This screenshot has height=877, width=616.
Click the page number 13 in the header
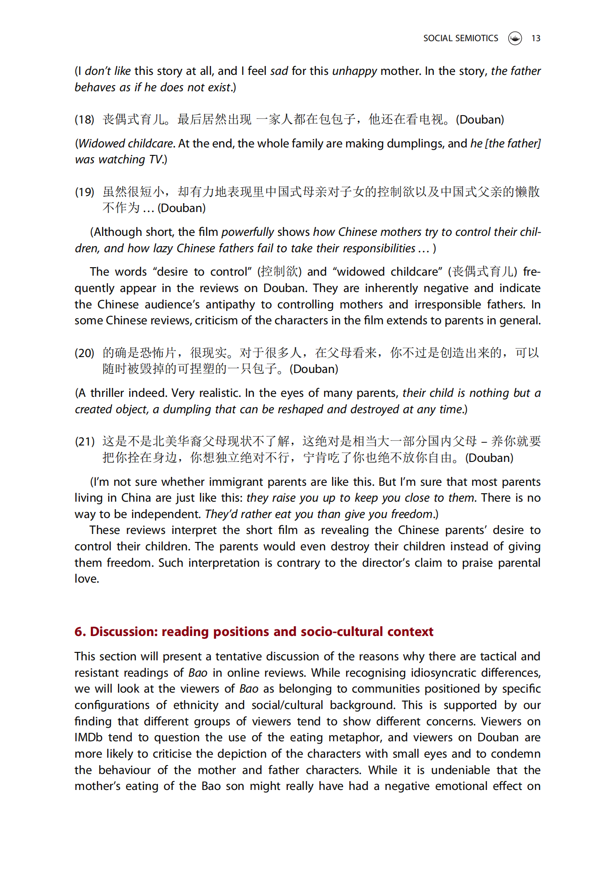pos(535,38)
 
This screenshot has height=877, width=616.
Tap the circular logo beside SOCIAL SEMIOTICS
pos(515,38)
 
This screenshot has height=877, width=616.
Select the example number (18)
pos(84,120)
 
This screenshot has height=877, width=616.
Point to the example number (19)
pos(84,192)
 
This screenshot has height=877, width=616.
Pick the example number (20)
pos(84,353)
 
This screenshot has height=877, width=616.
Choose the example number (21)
pos(84,442)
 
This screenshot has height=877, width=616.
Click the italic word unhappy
pos(354,71)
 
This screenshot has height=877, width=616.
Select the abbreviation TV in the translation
pos(156,160)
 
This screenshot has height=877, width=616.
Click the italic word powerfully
pos(247,232)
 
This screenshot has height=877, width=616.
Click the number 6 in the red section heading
pos(79,632)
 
